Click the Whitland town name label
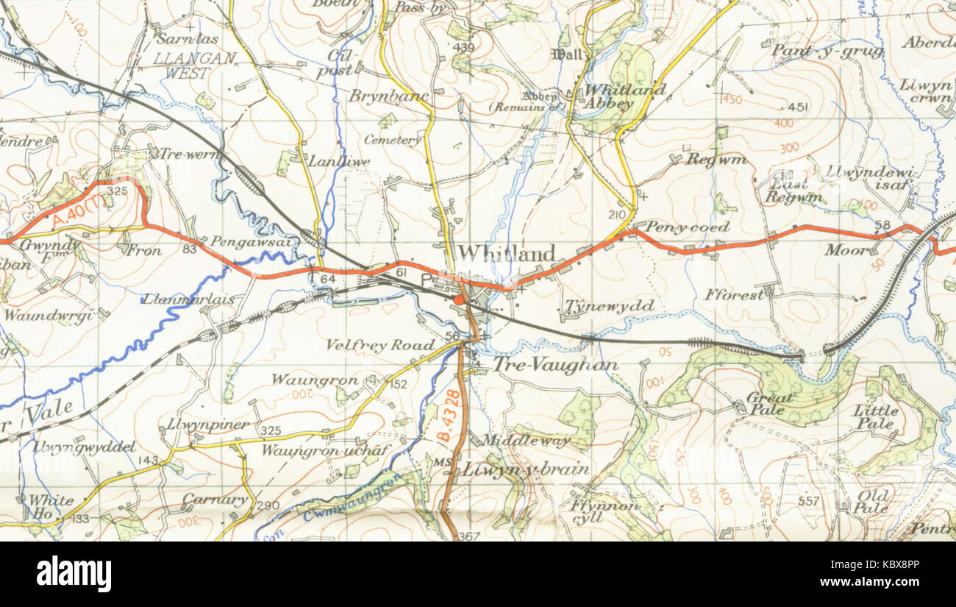pos(506,254)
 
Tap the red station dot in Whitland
pos(459,300)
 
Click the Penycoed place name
pos(688,227)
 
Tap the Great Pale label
pos(769,403)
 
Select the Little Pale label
pos(875,416)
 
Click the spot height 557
pos(808,502)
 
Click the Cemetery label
pos(393,140)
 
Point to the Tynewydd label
pos(609,306)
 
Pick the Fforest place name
pos(734,294)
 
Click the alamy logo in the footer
pos(74,574)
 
